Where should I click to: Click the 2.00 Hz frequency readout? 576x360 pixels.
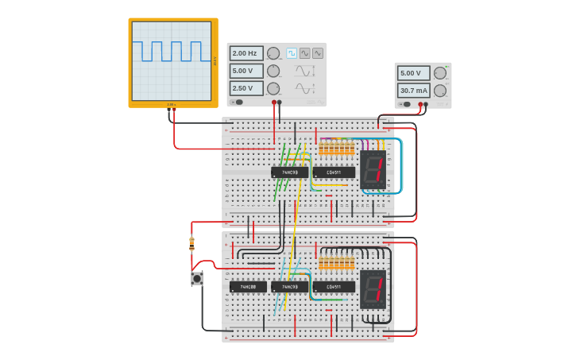click(245, 53)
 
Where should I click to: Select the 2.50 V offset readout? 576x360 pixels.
click(245, 88)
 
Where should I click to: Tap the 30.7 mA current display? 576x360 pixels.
click(413, 90)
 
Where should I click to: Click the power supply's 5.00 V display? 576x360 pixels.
click(413, 73)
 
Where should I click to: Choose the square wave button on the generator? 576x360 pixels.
click(292, 52)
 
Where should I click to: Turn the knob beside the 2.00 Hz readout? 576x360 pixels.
click(273, 53)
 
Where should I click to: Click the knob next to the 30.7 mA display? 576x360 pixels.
click(439, 91)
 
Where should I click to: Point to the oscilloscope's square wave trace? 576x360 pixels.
click(172, 51)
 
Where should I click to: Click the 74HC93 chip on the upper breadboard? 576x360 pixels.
click(289, 172)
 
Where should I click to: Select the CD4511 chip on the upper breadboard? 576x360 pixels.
click(334, 172)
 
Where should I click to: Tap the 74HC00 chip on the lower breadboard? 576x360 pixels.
click(248, 287)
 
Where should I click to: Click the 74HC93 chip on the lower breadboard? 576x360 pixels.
click(289, 287)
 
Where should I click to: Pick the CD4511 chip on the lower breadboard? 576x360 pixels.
click(334, 287)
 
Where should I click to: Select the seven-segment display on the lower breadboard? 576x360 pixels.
click(373, 289)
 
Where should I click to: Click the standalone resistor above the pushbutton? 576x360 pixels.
click(191, 243)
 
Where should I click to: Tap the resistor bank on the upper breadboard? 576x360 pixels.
click(337, 149)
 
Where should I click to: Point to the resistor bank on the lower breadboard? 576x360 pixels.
click(337, 263)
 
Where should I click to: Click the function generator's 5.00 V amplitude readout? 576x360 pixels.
click(245, 71)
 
